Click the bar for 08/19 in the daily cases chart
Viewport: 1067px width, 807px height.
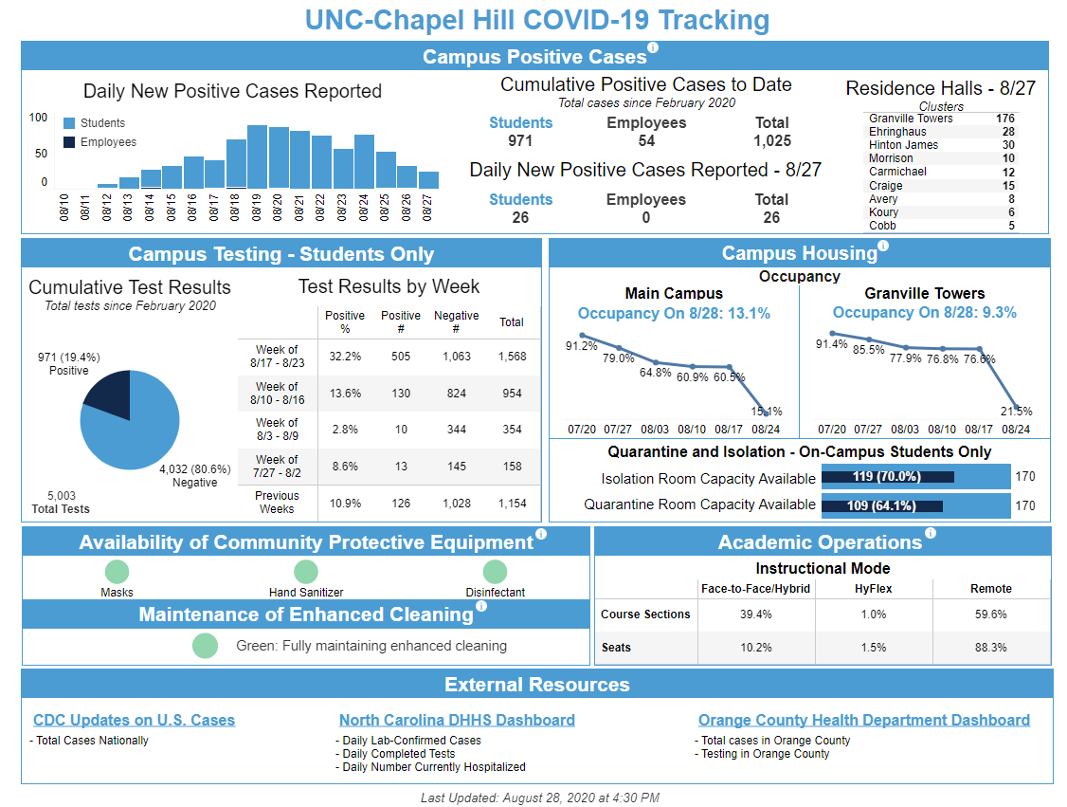[257, 156]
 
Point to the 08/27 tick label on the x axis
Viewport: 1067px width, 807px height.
[427, 208]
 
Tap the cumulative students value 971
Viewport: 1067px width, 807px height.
[520, 141]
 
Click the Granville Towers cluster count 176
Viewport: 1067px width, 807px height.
[1004, 119]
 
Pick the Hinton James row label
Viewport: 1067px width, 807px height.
[903, 145]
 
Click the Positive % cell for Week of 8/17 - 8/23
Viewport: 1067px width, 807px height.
[345, 357]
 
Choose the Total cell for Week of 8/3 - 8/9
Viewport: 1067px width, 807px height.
[512, 430]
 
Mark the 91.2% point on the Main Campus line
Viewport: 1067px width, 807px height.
[583, 335]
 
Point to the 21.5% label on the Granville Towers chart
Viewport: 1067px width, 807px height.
[1016, 412]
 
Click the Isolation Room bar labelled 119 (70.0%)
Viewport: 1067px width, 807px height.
[887, 477]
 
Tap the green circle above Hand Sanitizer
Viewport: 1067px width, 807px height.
[306, 572]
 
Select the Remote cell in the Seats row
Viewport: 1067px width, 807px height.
[991, 648]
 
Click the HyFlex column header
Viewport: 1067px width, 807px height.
[874, 589]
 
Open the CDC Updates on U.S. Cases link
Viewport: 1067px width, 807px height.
[134, 721]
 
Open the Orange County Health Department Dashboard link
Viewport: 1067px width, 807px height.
[863, 721]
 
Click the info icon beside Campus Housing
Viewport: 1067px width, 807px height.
[883, 247]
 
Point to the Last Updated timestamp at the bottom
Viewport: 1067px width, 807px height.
[539, 798]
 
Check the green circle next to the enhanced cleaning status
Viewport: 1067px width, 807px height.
[205, 646]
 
